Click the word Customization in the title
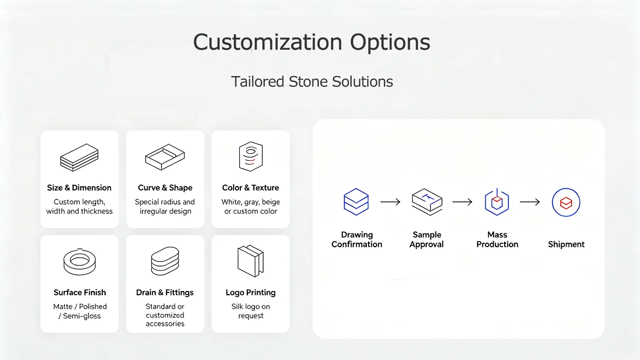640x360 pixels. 268,42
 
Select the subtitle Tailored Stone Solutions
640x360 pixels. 312,82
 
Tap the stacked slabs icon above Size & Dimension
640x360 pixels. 80,157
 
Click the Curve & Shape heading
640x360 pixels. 165,187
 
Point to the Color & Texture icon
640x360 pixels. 250,157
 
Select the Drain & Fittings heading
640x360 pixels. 165,292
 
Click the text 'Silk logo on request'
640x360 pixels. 250,311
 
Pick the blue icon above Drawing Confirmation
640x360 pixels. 356,202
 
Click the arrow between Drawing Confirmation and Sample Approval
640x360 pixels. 390,202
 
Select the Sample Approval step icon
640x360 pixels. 427,202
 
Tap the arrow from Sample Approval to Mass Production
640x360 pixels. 462,202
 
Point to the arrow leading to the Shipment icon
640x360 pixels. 530,202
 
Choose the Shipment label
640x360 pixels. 566,245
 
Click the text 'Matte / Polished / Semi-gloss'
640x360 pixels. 80,311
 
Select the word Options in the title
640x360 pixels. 390,42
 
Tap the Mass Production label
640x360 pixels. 497,239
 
